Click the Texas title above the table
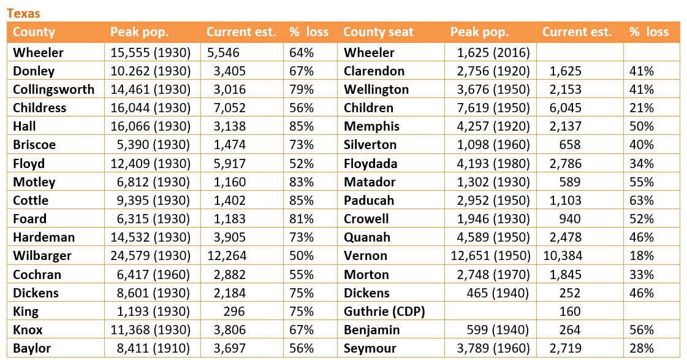[23, 13]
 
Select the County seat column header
[378, 32]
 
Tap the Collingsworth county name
[54, 90]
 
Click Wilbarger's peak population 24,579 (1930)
[151, 256]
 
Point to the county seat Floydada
[371, 164]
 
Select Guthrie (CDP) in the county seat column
[385, 312]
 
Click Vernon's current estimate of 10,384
[562, 256]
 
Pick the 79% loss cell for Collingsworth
[301, 90]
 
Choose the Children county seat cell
[369, 108]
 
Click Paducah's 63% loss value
[642, 201]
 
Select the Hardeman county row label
[44, 237]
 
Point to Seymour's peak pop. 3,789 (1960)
[493, 348]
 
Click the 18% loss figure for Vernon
[642, 256]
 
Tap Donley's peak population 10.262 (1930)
[151, 71]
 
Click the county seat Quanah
[367, 237]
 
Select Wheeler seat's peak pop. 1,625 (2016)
[493, 53]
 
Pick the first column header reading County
[34, 32]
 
